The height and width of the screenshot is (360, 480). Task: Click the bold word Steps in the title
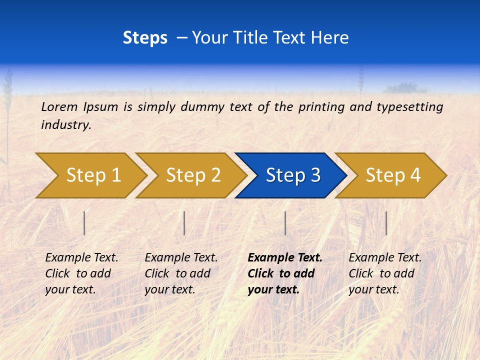(x=145, y=38)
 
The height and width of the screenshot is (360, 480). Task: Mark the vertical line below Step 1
(x=84, y=223)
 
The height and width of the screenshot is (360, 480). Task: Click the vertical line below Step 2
(x=184, y=223)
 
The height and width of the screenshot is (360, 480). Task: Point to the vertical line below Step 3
(x=285, y=223)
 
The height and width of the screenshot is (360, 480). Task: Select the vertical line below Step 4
(x=386, y=223)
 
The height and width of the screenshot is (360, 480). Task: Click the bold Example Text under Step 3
(x=285, y=258)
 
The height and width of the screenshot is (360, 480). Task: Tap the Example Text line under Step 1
(x=81, y=258)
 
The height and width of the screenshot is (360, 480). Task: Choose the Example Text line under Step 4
(x=385, y=258)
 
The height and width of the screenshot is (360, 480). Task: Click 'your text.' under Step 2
(x=169, y=289)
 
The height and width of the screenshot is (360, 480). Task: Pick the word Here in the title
(x=329, y=38)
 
